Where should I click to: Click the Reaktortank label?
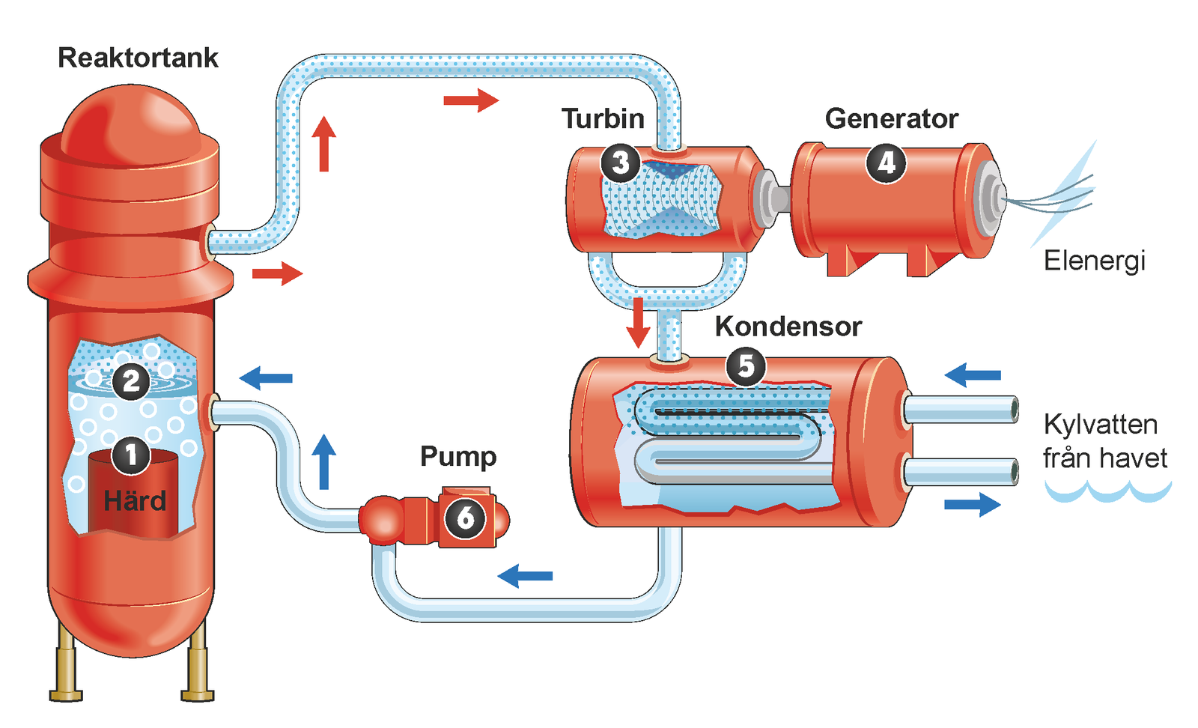pyautogui.click(x=138, y=58)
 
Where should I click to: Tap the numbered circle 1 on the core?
pyautogui.click(x=131, y=455)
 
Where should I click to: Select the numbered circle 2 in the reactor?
pyautogui.click(x=131, y=381)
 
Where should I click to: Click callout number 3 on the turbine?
pyautogui.click(x=620, y=163)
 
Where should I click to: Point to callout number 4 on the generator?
pyautogui.click(x=886, y=163)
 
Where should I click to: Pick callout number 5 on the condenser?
pyautogui.click(x=746, y=366)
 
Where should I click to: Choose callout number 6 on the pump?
pyautogui.click(x=465, y=518)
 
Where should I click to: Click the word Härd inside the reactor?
pyautogui.click(x=135, y=501)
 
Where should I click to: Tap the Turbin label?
pyautogui.click(x=603, y=118)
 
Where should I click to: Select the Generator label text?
pyautogui.click(x=891, y=118)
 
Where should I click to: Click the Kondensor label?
pyautogui.click(x=788, y=327)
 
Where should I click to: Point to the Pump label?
pyautogui.click(x=458, y=456)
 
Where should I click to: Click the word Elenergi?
pyautogui.click(x=1095, y=261)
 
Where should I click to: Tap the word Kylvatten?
pyautogui.click(x=1101, y=425)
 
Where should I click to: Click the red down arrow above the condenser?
pyautogui.click(x=638, y=322)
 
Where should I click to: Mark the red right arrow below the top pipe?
pyautogui.click(x=471, y=100)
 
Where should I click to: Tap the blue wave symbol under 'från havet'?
pyautogui.click(x=1107, y=492)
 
